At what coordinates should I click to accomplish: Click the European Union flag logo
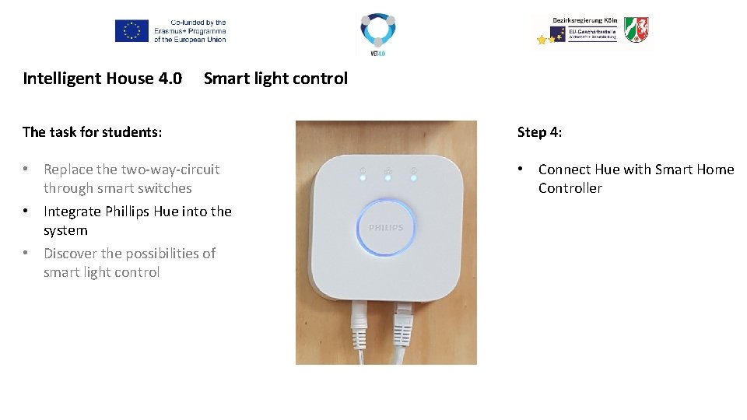click(132, 31)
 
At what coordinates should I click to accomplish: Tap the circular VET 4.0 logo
click(377, 30)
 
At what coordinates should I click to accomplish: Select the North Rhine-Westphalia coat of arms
click(636, 30)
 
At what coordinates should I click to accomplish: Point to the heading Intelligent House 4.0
click(102, 79)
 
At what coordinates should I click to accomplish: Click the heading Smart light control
click(275, 79)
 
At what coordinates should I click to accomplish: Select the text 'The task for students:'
click(93, 132)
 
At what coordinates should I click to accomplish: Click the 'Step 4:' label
click(539, 132)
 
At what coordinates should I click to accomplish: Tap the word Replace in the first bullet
click(68, 170)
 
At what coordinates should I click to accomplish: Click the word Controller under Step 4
click(570, 188)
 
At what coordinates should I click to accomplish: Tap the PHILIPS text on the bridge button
click(386, 228)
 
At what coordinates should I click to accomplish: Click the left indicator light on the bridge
click(363, 178)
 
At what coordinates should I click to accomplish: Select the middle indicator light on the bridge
click(388, 178)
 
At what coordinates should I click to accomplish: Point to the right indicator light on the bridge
click(413, 178)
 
